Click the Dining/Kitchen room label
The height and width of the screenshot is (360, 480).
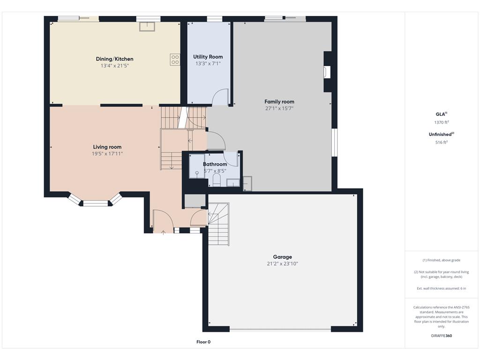(114, 59)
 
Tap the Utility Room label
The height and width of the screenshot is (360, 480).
(208, 57)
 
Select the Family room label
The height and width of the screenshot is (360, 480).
(279, 102)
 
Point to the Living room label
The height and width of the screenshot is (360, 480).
(107, 147)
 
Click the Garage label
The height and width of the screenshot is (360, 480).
(282, 257)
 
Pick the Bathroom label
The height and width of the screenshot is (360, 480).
(215, 164)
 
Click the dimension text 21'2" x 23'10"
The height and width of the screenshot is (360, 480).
(282, 263)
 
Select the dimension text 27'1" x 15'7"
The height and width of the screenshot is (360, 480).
(279, 108)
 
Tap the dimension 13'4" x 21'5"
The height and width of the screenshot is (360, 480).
(114, 66)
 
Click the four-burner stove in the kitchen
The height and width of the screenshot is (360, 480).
(175, 60)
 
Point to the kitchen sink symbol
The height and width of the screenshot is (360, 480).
(147, 26)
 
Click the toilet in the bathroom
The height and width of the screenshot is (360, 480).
(217, 180)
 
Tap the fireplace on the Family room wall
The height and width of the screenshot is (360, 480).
(327, 72)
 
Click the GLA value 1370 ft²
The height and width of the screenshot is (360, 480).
(442, 122)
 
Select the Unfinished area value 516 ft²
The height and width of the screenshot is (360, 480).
(442, 142)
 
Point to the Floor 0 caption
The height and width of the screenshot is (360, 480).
(203, 342)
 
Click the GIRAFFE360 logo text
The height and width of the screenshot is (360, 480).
(442, 336)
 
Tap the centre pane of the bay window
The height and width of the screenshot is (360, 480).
(96, 203)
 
